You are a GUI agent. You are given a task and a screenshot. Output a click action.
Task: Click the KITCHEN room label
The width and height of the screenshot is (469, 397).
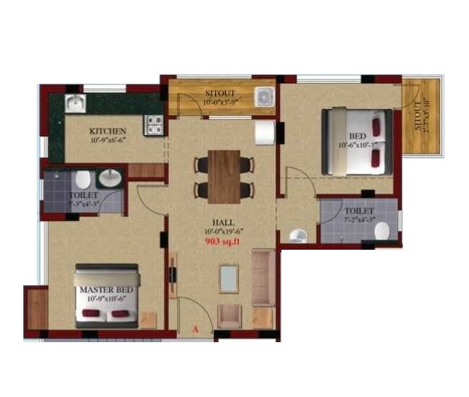point(108,131)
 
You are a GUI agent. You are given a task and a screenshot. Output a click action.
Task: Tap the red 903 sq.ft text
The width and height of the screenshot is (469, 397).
point(223,242)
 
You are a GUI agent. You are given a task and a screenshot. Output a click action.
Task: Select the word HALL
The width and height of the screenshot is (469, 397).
point(222,222)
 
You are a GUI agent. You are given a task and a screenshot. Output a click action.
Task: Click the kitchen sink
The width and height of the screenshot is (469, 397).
point(75,104)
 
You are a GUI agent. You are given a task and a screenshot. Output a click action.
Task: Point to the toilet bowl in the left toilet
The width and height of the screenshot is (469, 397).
point(82,179)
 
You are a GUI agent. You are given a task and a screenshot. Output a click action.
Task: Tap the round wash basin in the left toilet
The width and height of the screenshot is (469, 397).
point(110,178)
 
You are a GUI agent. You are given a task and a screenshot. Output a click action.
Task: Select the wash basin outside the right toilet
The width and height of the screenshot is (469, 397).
point(295,235)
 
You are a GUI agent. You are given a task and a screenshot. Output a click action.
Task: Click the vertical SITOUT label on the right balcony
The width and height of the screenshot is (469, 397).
point(421,115)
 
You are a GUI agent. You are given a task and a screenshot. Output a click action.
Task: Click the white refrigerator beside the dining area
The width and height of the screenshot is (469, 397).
point(264,133)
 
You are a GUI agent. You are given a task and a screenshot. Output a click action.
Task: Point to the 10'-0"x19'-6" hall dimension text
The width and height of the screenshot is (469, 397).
point(222,232)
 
